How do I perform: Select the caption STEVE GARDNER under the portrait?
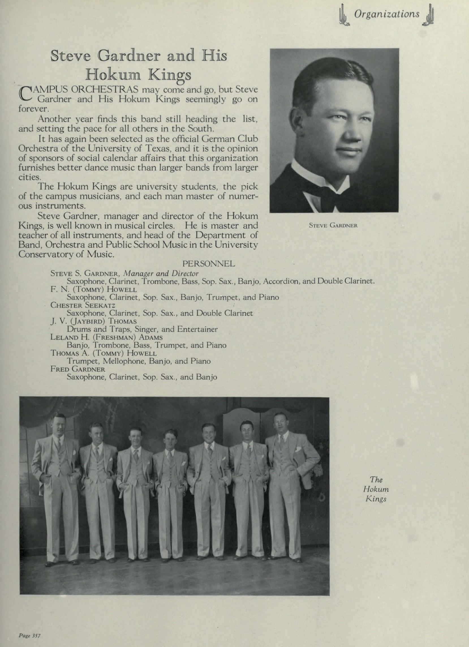point(333,225)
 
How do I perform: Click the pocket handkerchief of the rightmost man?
point(298,449)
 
